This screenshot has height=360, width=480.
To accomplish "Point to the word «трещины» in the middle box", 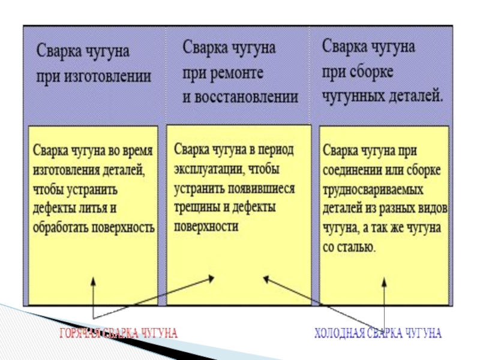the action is coord(196,208).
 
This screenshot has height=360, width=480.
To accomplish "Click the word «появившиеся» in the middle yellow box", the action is coord(262,188).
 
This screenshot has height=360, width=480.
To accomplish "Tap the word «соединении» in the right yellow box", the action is coord(350,170).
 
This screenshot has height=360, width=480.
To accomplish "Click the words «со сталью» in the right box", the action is coord(350,248).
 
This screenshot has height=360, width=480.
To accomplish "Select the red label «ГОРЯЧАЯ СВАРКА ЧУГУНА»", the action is coord(119,333).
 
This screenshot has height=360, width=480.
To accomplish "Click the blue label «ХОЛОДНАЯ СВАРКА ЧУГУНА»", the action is coord(379,333).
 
